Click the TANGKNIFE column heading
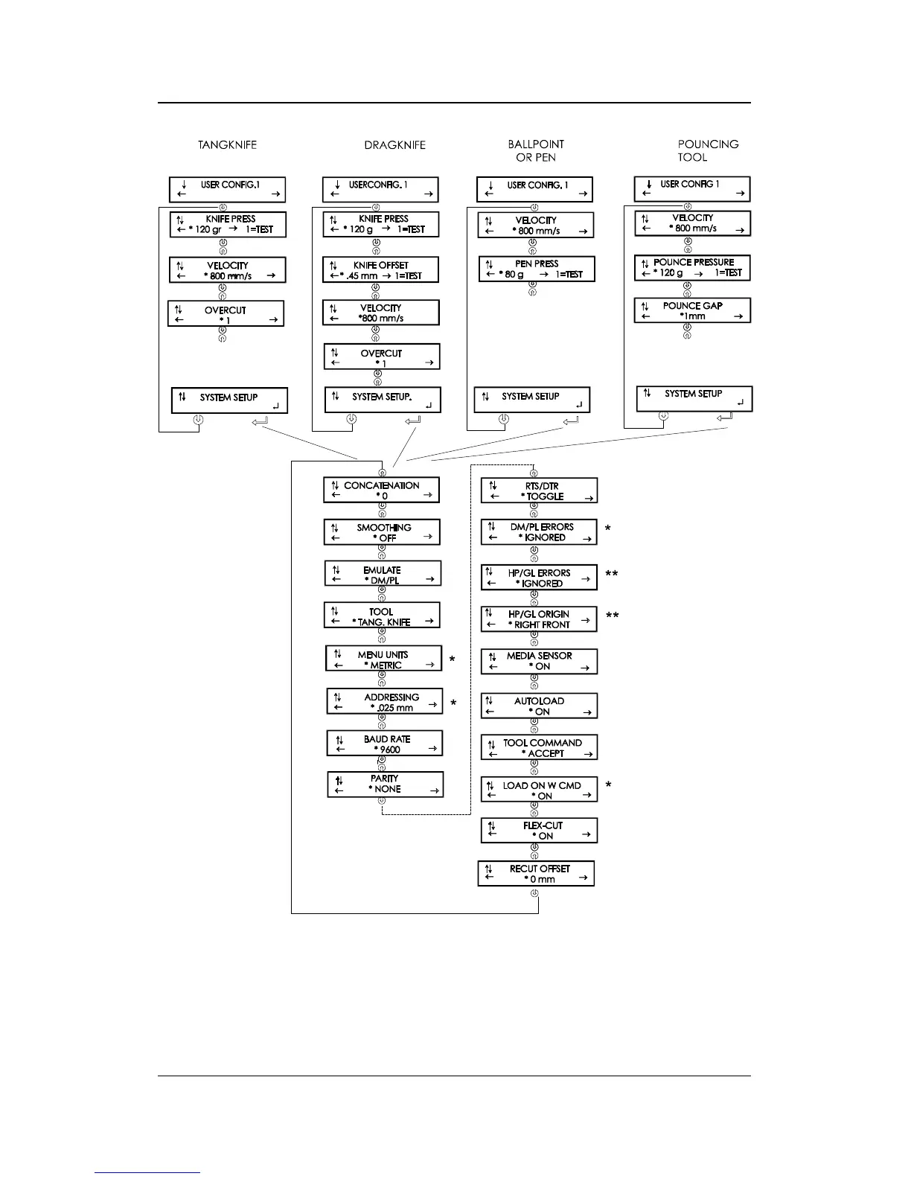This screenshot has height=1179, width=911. (227, 145)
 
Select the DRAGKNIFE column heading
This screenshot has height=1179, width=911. (394, 145)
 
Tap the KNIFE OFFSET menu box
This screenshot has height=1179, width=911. (381, 270)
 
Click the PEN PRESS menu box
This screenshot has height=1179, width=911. (537, 269)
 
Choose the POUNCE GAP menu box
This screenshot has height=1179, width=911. (692, 310)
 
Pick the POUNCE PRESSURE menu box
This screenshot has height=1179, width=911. (692, 267)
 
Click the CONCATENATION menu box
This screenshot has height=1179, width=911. (381, 491)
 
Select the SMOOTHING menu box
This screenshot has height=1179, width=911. (382, 533)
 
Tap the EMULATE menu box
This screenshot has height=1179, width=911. (383, 575)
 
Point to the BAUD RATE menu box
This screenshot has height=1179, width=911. (385, 744)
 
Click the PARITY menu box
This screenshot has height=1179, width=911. (385, 784)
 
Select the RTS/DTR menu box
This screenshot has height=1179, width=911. (539, 491)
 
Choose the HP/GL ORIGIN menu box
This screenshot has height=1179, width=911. (538, 619)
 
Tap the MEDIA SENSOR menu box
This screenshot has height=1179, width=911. (539, 661)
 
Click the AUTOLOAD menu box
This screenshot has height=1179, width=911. (539, 706)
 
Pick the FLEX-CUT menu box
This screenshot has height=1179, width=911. (539, 831)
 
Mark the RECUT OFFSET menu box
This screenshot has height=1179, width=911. (536, 874)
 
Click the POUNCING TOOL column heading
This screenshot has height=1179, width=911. (708, 150)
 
